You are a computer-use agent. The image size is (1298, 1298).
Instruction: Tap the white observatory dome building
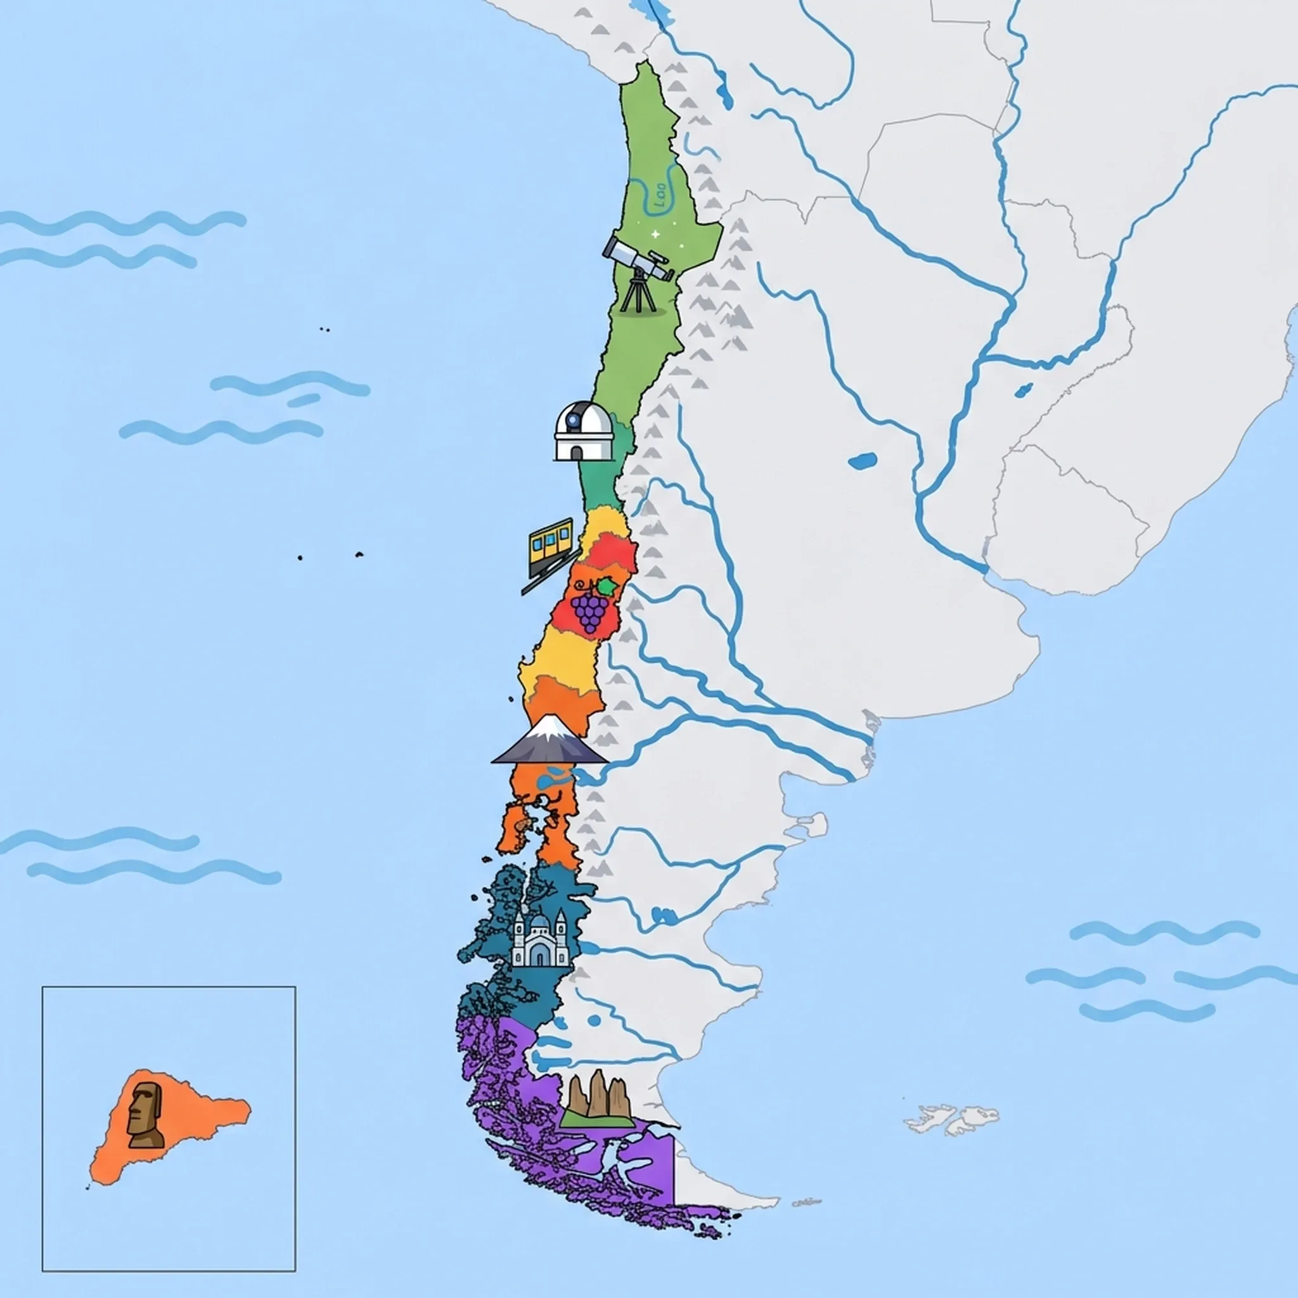tap(584, 432)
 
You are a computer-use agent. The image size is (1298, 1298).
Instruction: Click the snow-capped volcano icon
tap(549, 741)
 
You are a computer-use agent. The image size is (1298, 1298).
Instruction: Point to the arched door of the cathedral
tap(539, 956)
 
